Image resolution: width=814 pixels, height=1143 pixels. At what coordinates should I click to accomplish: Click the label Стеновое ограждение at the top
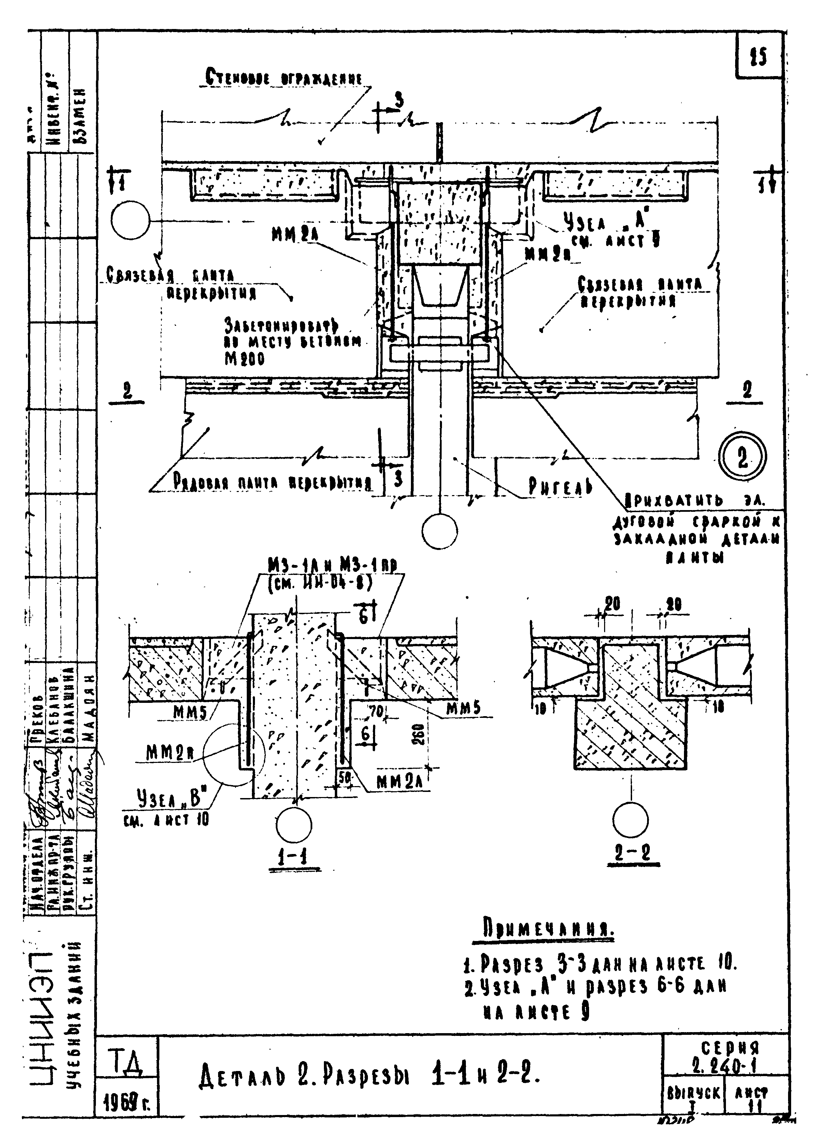(x=283, y=79)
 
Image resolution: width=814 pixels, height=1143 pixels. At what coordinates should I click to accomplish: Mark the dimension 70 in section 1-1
(x=375, y=710)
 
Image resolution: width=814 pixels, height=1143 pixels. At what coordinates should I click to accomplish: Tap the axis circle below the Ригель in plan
(x=440, y=531)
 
